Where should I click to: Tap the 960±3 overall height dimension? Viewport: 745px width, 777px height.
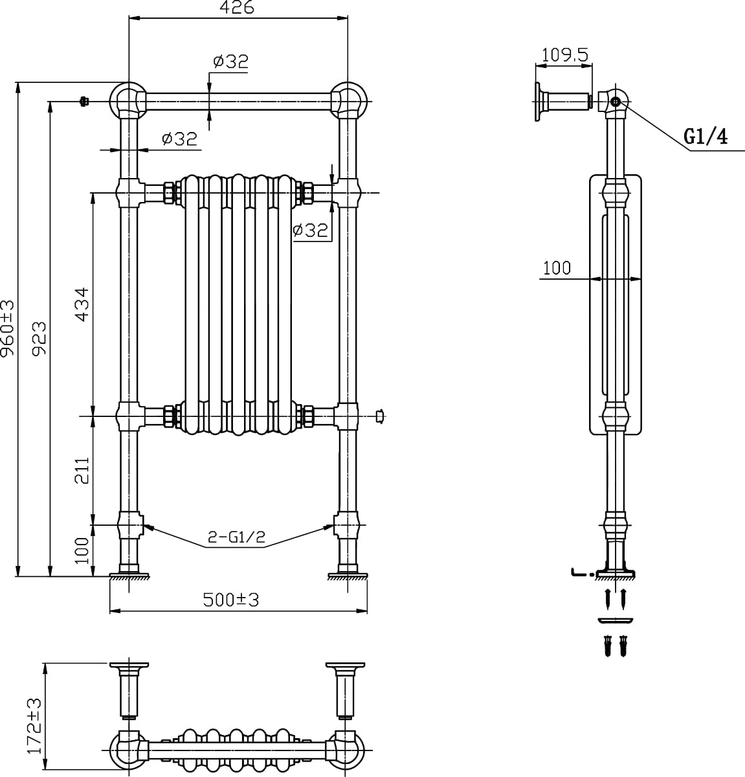(8, 329)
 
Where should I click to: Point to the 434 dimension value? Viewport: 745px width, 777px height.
(82, 304)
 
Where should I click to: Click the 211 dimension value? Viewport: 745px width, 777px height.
(82, 470)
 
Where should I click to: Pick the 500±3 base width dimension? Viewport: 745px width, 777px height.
(230, 600)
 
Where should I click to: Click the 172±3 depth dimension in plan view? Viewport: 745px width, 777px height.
(34, 725)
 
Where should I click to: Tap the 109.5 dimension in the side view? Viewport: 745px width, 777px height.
(564, 55)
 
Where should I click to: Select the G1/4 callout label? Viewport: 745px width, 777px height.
(706, 137)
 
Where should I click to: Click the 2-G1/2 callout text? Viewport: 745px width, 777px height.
(236, 537)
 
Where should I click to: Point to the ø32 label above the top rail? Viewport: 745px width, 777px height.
(230, 62)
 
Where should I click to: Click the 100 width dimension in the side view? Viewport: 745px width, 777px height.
(557, 268)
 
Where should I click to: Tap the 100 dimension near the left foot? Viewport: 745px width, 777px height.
(82, 550)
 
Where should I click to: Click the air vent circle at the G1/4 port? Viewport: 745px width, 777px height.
(616, 102)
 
